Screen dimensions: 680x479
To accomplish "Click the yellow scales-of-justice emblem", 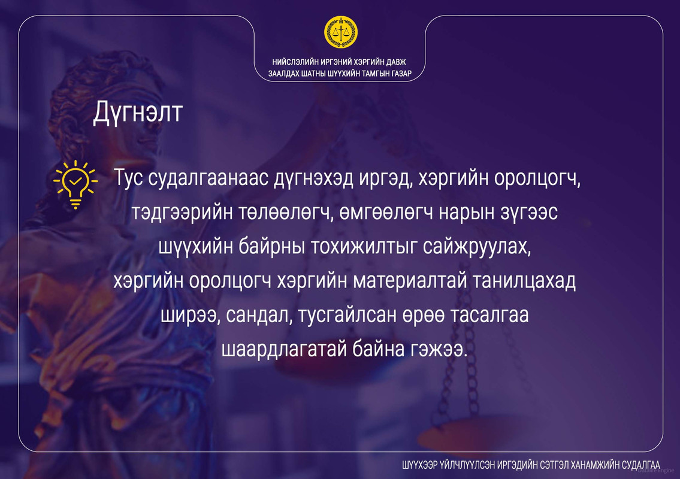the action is click(341, 32).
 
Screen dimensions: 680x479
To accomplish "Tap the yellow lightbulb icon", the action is click(75, 184).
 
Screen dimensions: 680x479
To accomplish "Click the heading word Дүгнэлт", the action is click(138, 113).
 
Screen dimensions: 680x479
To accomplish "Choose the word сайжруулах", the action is click(477, 247).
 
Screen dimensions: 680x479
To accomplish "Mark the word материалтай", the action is click(409, 281).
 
